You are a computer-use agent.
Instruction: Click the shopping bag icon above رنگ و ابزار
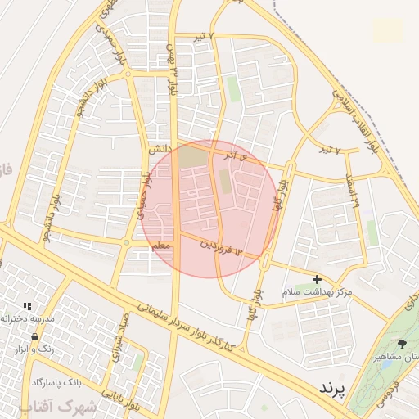click(x=34, y=336)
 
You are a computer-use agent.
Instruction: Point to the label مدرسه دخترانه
click(x=29, y=317)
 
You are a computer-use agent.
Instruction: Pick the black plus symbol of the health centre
click(x=318, y=279)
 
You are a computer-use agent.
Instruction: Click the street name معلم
click(x=160, y=246)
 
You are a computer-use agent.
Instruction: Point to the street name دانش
click(x=158, y=151)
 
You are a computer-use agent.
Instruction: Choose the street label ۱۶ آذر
click(x=232, y=154)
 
